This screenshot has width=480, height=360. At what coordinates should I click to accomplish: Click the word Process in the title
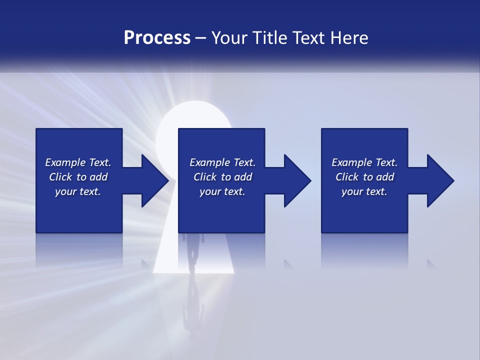[157, 38]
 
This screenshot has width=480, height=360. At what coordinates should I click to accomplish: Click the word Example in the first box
[65, 162]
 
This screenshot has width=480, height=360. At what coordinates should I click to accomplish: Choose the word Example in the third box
[352, 162]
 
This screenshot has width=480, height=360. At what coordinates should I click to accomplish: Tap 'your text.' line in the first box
[78, 191]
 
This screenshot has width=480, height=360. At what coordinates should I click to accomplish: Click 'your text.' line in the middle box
[222, 191]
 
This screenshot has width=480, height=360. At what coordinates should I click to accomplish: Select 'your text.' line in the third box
[364, 191]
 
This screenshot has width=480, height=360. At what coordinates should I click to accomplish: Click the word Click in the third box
[347, 177]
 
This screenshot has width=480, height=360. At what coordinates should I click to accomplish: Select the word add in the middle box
[243, 177]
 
